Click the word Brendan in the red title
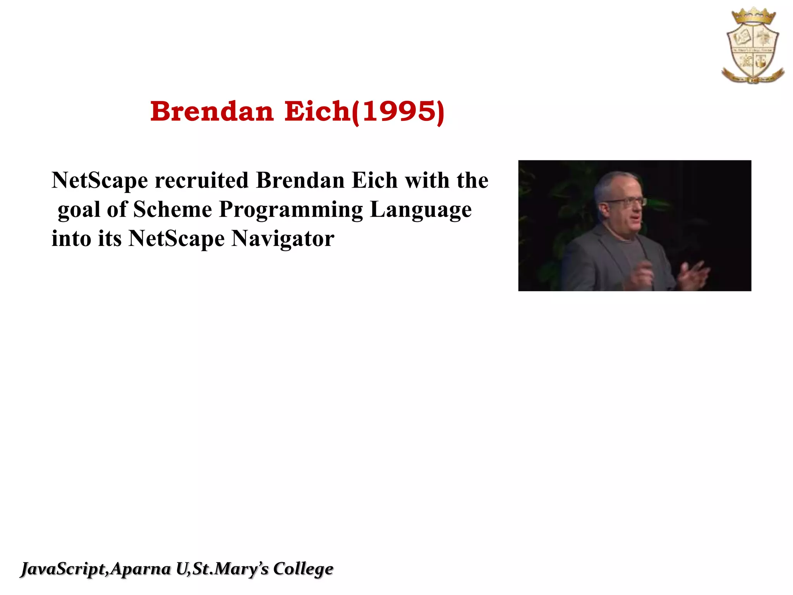pyautogui.click(x=212, y=112)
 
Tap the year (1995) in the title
pyautogui.click(x=398, y=112)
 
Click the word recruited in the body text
pyautogui.click(x=201, y=181)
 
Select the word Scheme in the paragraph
pyautogui.click(x=172, y=210)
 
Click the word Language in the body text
pyautogui.click(x=421, y=210)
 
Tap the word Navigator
pyautogui.click(x=283, y=239)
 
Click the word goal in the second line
pyautogui.click(x=79, y=210)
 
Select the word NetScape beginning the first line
pyautogui.click(x=100, y=181)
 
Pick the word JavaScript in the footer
pyautogui.click(x=64, y=569)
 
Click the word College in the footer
pyautogui.click(x=303, y=569)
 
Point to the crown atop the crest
pyautogui.click(x=753, y=17)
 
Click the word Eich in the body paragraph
pyautogui.click(x=374, y=181)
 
